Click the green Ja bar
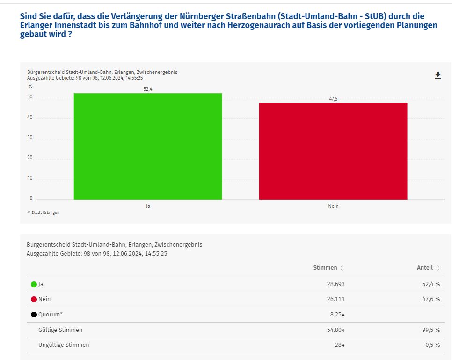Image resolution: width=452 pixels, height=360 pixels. coord(148,147)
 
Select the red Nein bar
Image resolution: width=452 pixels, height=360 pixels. coord(333,151)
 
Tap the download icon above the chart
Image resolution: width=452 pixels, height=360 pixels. coord(438,75)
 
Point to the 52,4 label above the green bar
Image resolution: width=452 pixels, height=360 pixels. coord(148,89)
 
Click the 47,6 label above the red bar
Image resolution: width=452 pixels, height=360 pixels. coord(333,99)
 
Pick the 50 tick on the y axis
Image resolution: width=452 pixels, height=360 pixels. coord(30,97)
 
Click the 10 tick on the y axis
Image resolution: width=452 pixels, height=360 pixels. coord(30,178)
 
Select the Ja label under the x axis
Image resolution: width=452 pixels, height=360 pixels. coord(148,206)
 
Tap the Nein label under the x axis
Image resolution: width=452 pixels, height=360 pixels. coord(333,206)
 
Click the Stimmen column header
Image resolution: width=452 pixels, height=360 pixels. coord(325,268)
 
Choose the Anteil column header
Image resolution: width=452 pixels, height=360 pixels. coord(425,268)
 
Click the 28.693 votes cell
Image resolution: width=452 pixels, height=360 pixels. coord(335,284)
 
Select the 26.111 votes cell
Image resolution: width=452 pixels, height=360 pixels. coord(335,299)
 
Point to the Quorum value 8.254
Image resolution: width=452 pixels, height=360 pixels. coord(337,315)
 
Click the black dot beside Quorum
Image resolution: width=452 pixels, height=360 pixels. coord(34,315)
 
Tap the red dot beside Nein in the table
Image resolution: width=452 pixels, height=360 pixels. coord(34,300)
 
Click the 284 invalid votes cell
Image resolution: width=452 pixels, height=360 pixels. coord(340,345)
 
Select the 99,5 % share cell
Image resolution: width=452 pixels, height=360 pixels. coord(430,330)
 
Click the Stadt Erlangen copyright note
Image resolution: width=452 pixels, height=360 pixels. coord(44,213)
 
